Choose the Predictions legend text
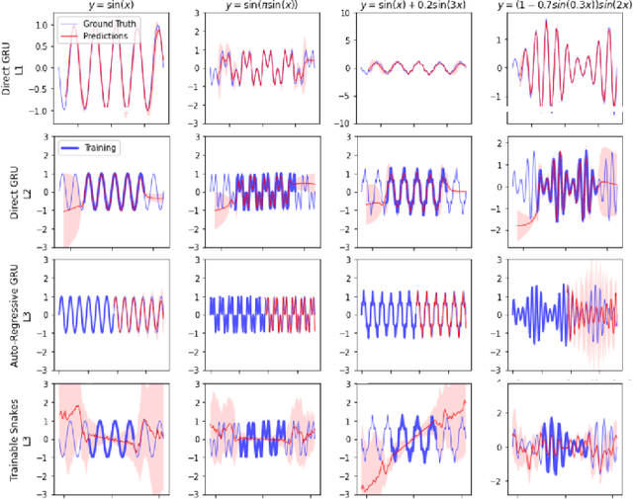click(x=112, y=36)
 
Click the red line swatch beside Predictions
click(x=73, y=36)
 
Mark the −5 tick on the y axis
click(x=333, y=98)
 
